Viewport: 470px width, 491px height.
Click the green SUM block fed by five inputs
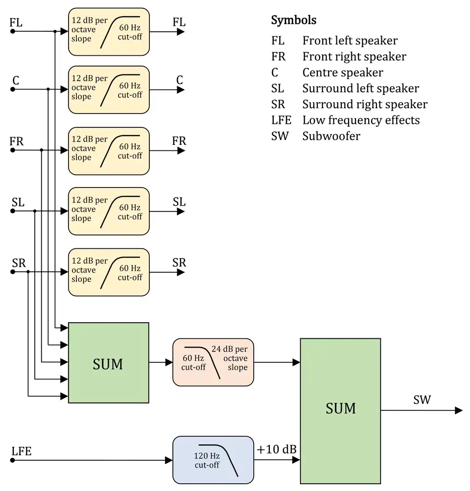[108, 363]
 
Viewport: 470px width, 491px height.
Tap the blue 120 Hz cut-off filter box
[213, 460]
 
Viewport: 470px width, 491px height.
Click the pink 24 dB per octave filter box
[213, 362]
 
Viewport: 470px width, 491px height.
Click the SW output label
[422, 400]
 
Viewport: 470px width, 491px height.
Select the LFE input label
[21, 451]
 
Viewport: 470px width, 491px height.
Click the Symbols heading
[294, 21]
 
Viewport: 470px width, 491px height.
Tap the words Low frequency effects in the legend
[361, 120]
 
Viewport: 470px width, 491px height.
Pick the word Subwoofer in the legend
[331, 136]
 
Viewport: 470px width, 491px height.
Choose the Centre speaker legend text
[343, 72]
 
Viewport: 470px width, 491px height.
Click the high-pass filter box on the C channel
[108, 90]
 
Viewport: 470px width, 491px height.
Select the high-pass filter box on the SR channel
[108, 272]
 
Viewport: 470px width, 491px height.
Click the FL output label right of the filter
[179, 22]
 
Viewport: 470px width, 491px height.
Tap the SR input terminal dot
[13, 272]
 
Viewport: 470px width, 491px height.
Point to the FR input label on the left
[16, 141]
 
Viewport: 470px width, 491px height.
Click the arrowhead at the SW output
[458, 410]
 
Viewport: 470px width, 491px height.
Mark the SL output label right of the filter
[179, 202]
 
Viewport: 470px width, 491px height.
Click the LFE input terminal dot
[13, 460]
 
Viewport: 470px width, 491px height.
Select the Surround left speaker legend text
[360, 89]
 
